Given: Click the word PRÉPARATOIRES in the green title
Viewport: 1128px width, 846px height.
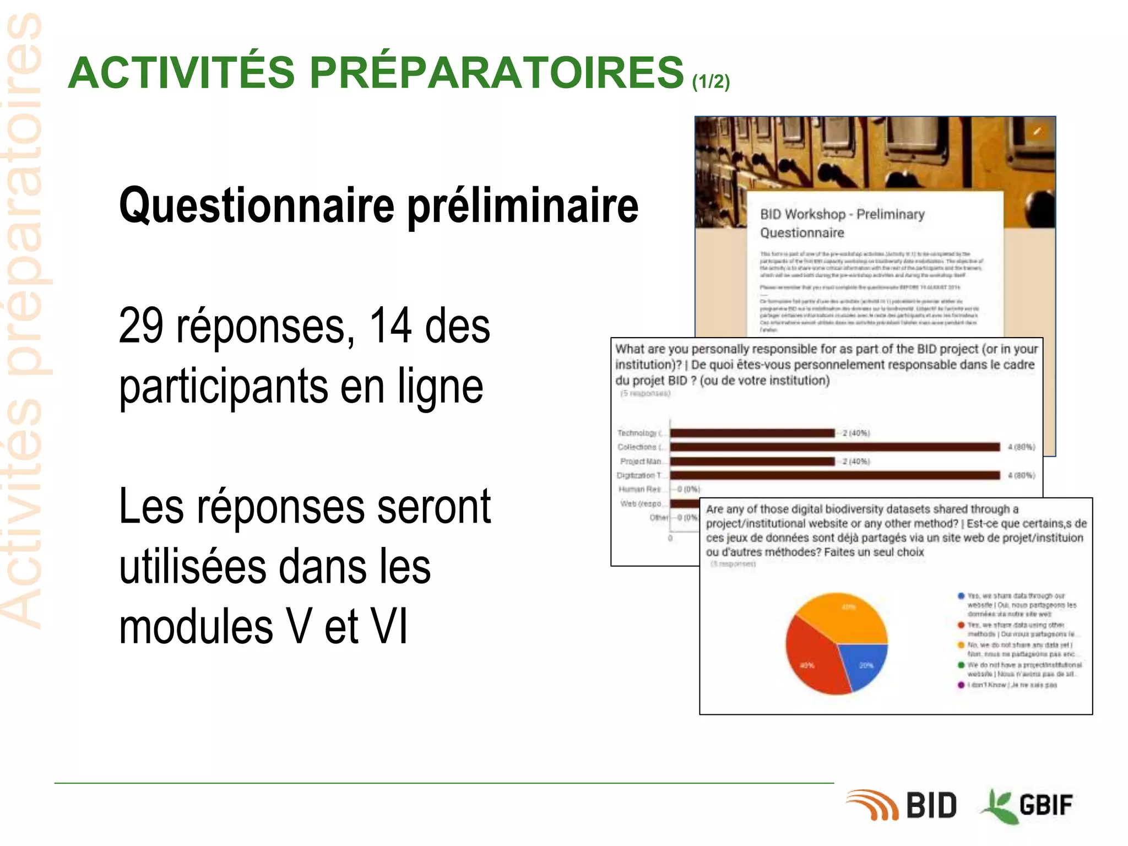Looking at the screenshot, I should [496, 73].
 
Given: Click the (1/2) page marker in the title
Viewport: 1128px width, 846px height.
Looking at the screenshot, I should [711, 82].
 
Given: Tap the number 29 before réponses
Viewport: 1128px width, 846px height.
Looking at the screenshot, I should [141, 326].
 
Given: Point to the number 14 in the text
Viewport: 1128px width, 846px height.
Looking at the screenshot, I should [390, 326].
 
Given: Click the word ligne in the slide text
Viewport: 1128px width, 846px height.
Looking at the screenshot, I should [440, 387].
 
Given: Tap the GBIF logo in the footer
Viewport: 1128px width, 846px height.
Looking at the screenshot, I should [1028, 805].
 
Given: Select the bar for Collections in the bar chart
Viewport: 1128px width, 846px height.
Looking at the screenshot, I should [834, 447].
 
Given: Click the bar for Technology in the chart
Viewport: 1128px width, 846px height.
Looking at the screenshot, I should [752, 433].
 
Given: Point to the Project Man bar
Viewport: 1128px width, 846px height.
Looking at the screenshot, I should [752, 461].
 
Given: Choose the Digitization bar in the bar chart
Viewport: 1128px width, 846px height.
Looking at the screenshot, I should [834, 475].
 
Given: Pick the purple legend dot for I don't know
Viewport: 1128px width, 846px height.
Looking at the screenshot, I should [961, 685].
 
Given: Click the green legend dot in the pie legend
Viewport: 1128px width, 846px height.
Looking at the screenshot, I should [961, 665].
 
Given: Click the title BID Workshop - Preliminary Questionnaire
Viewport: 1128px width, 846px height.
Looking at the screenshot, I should [842, 223].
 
